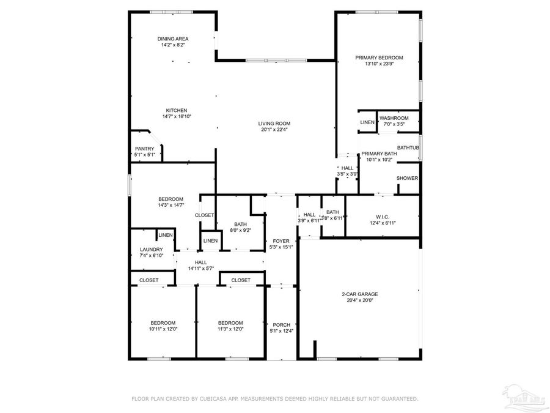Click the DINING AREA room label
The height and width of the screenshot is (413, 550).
(173, 39)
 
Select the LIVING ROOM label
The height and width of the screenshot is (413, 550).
(274, 123)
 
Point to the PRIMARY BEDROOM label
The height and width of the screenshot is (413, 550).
(379, 58)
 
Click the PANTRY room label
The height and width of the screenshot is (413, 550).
(145, 149)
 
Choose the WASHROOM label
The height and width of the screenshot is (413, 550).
(394, 118)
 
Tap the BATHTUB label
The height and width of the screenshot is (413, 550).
(408, 147)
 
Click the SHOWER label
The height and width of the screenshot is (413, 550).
(407, 179)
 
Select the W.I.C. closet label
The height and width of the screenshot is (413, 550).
(383, 217)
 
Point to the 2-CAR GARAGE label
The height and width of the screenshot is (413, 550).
(359, 294)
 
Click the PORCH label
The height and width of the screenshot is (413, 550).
(282, 325)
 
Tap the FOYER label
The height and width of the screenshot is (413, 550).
(281, 241)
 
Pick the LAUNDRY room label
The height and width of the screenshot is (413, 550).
(151, 249)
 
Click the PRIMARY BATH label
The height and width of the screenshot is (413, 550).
(379, 154)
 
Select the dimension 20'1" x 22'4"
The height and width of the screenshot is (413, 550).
(274, 129)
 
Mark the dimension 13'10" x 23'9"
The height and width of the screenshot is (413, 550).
(379, 64)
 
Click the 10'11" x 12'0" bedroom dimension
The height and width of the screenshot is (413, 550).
(163, 329)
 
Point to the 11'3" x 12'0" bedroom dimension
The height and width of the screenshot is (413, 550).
(230, 329)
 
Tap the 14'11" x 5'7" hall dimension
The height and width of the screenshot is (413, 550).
(200, 268)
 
